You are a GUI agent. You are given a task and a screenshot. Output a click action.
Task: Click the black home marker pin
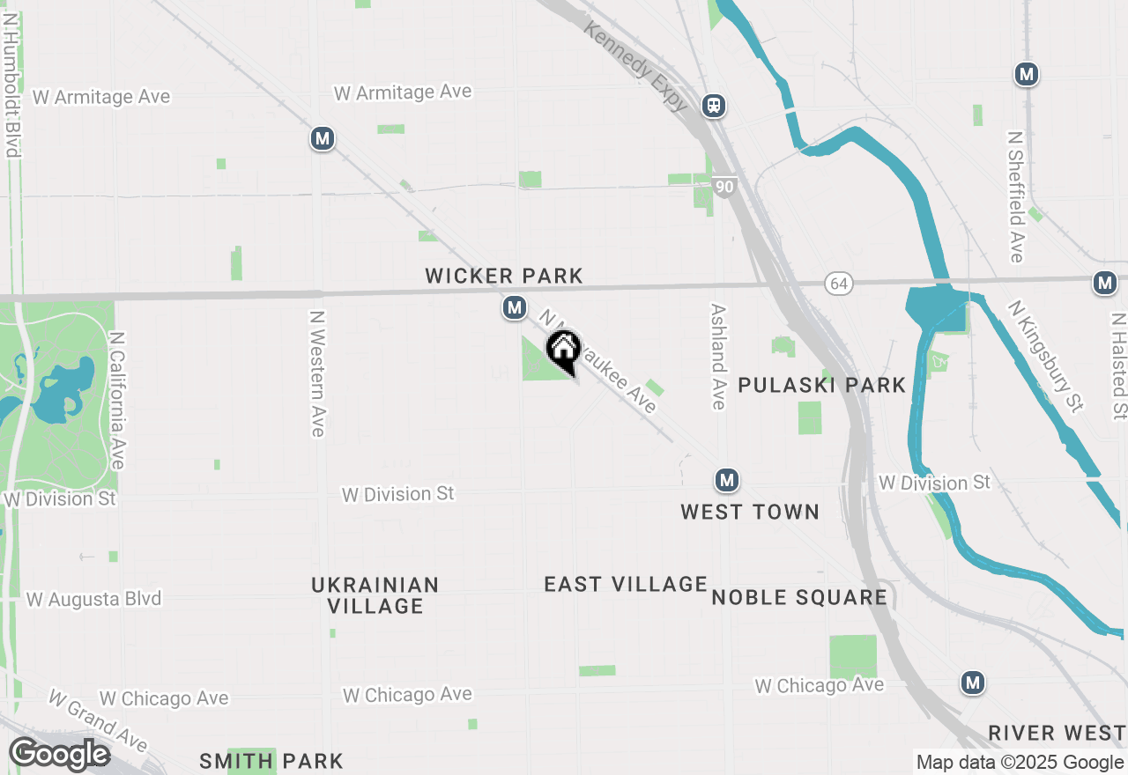tap(563, 349)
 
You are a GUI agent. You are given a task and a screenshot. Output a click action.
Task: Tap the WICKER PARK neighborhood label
tap(504, 277)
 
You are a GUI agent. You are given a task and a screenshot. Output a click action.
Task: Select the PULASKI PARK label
tap(821, 385)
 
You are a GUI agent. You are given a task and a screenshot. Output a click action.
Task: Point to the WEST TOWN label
tap(750, 512)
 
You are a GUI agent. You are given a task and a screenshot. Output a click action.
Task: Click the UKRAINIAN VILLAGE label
tap(375, 595)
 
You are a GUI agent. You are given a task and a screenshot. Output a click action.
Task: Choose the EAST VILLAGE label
tap(626, 584)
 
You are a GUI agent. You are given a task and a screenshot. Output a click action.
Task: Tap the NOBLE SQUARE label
tap(799, 597)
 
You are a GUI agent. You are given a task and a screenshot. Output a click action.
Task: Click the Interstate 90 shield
tap(724, 187)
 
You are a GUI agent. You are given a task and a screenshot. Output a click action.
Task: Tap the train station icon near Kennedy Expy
tap(714, 107)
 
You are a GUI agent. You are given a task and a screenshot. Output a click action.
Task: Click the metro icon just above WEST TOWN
tap(726, 480)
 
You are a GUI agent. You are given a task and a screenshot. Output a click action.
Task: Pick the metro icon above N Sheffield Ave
tap(1026, 74)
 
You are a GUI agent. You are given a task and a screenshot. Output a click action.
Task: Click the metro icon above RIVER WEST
tap(973, 683)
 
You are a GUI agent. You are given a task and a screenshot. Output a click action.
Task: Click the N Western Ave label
tap(318, 373)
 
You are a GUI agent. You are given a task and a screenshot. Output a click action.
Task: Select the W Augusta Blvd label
tap(94, 599)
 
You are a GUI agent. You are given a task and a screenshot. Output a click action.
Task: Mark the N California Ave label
tap(117, 400)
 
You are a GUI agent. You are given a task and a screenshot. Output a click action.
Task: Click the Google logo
tap(59, 755)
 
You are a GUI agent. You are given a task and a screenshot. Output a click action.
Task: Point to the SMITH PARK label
tap(271, 761)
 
